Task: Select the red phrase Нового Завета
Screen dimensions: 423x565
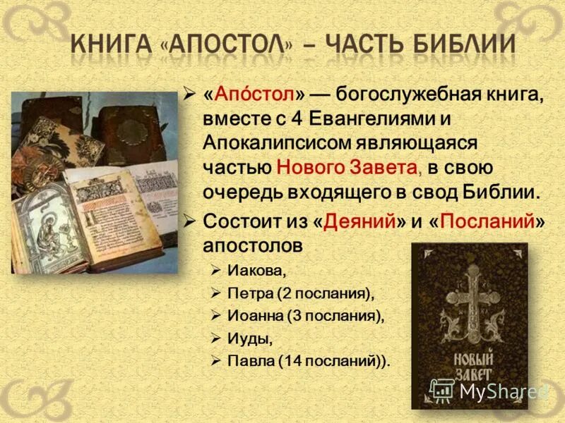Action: pos(350,166)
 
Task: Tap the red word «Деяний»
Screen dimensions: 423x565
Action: pos(359,220)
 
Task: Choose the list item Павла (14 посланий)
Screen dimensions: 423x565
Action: pos(309,361)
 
